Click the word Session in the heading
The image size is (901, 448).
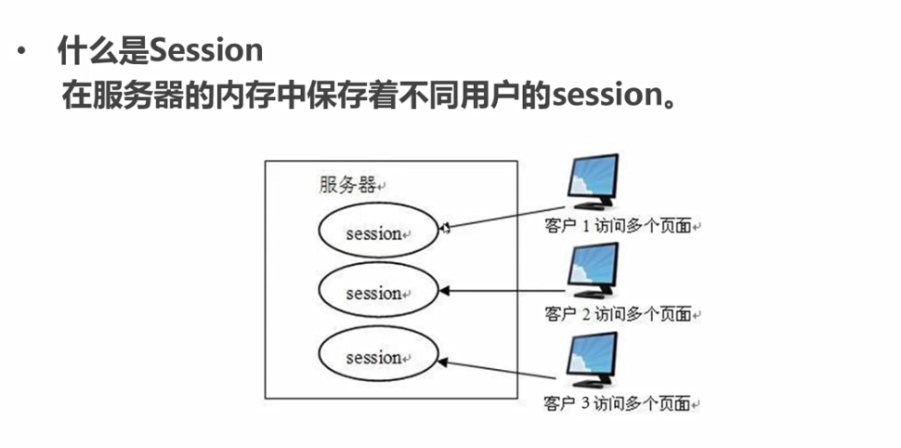[x=206, y=51]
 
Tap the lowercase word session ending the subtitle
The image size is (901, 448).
[x=601, y=96]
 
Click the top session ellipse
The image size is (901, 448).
[x=376, y=231]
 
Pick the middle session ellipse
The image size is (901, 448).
[x=376, y=293]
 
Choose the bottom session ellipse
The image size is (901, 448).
[x=376, y=356]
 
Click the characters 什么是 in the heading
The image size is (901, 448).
[x=102, y=51]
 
